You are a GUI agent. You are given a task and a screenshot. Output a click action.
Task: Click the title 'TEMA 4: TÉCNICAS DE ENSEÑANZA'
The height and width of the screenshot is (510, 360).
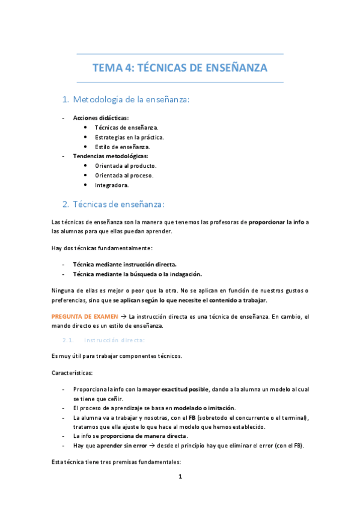(x=180, y=68)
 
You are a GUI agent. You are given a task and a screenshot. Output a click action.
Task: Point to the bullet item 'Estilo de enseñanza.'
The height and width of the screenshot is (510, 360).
(x=123, y=147)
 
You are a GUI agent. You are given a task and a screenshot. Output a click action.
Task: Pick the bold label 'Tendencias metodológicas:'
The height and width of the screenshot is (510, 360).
(x=110, y=156)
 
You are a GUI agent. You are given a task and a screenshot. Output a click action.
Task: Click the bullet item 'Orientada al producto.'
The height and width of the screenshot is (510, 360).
(x=126, y=166)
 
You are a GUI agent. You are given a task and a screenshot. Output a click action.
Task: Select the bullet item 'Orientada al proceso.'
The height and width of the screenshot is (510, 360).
(x=124, y=176)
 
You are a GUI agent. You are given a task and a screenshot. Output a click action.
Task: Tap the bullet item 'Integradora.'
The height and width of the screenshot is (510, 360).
(x=112, y=185)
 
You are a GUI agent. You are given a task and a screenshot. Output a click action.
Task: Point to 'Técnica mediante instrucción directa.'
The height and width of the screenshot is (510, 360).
(x=124, y=264)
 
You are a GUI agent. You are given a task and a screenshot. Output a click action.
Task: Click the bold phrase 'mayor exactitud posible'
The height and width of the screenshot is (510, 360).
(x=176, y=389)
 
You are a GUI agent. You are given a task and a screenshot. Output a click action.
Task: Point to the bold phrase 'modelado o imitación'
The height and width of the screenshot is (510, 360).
(x=200, y=408)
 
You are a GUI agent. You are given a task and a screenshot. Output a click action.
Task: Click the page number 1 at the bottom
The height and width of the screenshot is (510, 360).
(x=180, y=477)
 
